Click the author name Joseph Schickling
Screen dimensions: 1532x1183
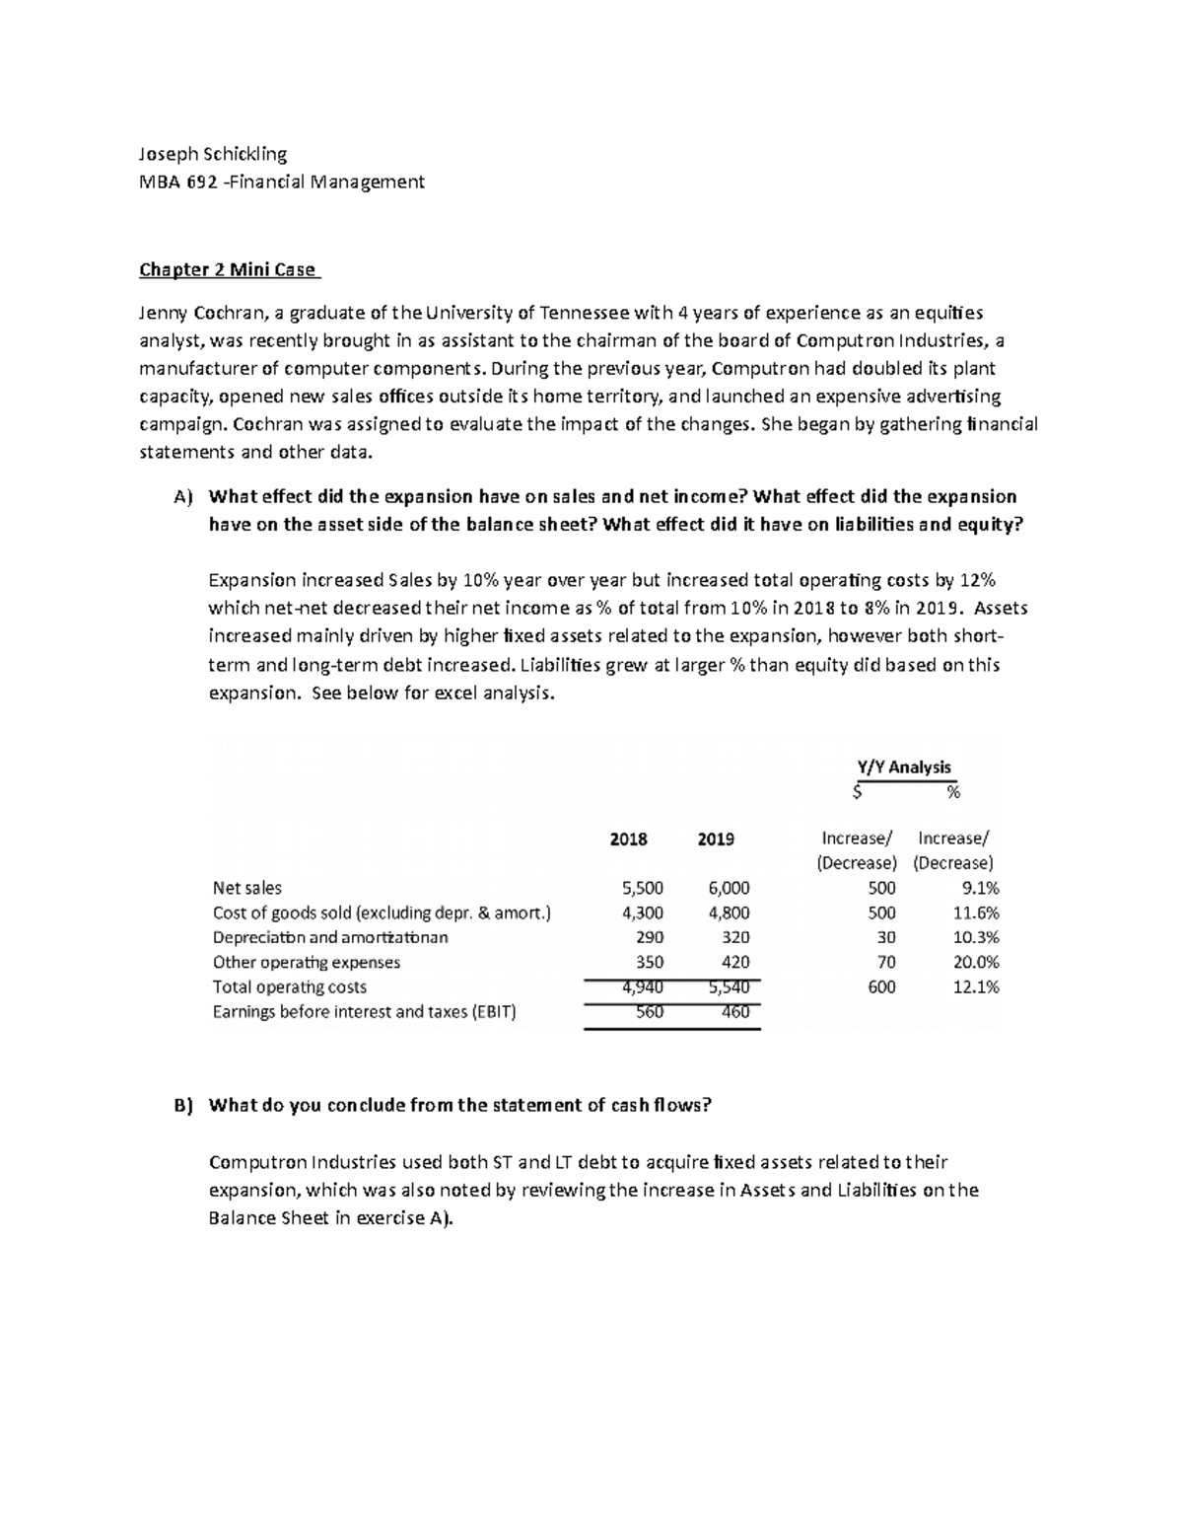(x=213, y=154)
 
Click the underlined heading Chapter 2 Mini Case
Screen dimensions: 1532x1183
(x=228, y=270)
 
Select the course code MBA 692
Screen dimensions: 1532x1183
(x=177, y=182)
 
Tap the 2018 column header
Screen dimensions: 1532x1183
(x=628, y=839)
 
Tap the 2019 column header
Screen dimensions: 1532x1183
(x=716, y=839)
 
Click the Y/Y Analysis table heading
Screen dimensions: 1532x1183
(x=904, y=766)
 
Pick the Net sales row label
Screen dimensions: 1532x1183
(x=246, y=888)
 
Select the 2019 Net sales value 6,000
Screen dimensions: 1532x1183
(x=729, y=888)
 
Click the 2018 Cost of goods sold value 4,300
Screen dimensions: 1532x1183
(x=643, y=913)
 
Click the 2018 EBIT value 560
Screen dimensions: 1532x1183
(x=650, y=1012)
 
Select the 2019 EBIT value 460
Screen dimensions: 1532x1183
(x=735, y=1012)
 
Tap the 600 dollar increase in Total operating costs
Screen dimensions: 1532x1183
(x=881, y=987)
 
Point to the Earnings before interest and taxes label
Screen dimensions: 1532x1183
(x=364, y=1012)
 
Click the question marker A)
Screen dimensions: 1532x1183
(x=183, y=497)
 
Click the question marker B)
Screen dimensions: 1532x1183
(x=183, y=1106)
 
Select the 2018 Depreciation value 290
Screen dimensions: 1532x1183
(x=650, y=938)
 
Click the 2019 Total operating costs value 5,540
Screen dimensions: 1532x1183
(x=729, y=987)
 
